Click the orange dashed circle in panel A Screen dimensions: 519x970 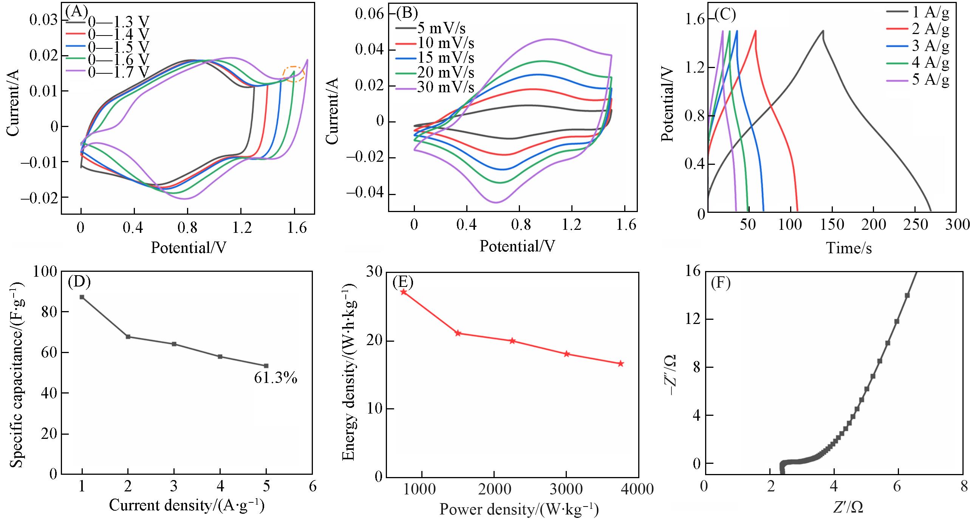294,74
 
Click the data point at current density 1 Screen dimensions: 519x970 82,297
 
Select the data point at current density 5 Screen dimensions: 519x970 266,366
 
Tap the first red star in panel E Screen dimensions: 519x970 404,292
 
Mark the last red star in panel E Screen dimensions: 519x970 620,364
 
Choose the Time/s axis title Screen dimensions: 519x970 849,248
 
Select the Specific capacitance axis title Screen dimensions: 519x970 15,372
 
